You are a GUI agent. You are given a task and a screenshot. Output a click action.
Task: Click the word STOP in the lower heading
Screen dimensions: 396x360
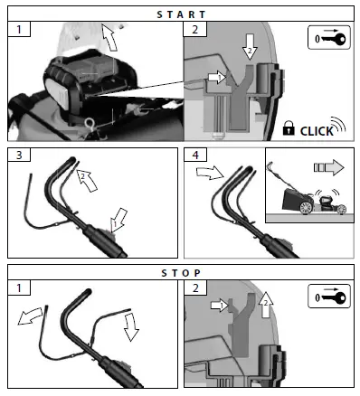[x=180, y=271]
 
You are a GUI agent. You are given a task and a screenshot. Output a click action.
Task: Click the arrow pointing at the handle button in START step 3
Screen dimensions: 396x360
[x=117, y=219]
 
